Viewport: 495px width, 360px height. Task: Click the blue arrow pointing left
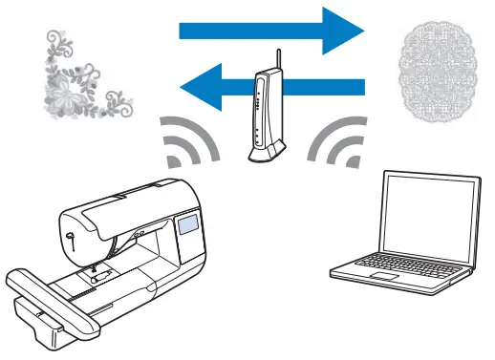tap(287, 89)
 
